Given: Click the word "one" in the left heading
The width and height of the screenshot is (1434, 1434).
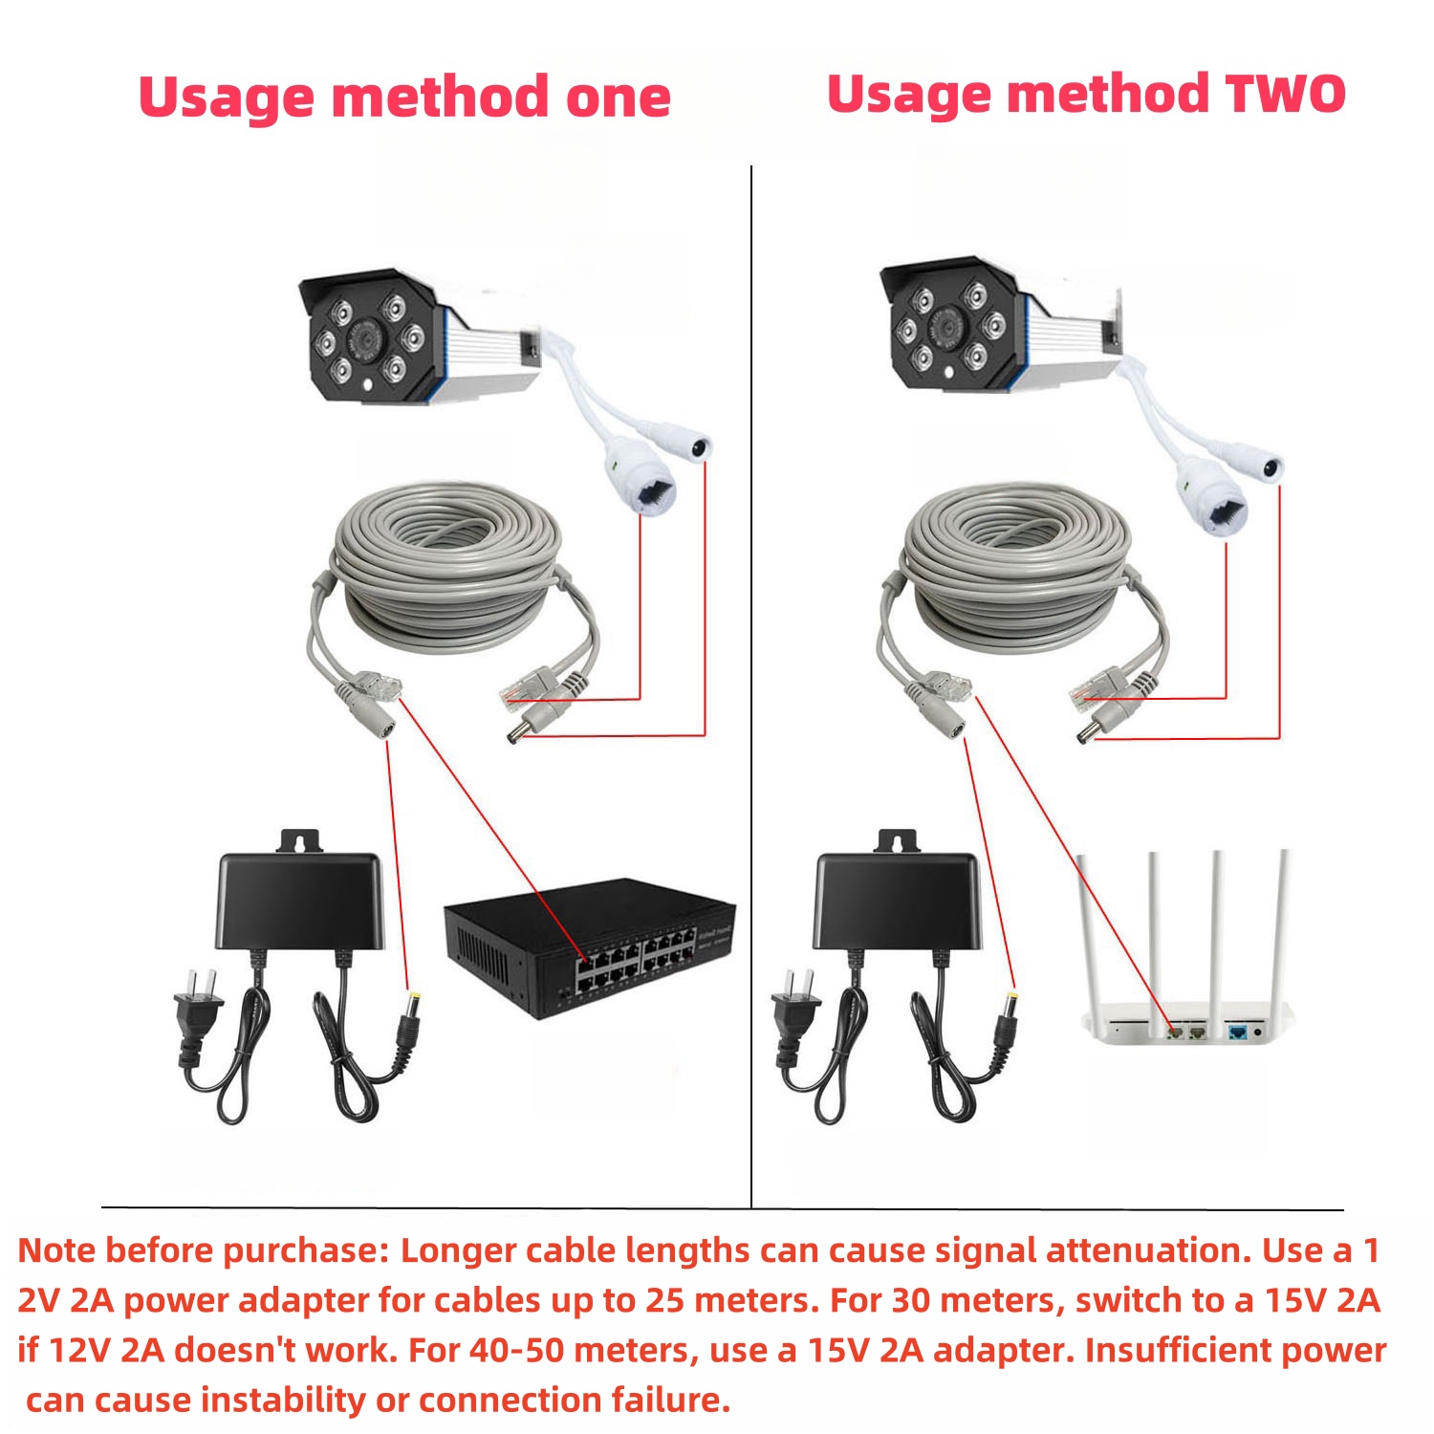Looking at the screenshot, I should (x=618, y=98).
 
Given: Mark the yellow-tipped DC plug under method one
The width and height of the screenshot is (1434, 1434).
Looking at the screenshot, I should (x=413, y=1004).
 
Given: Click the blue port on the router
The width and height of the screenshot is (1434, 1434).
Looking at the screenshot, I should (x=1239, y=1032).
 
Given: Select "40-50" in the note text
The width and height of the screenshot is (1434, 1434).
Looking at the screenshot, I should (x=509, y=1350).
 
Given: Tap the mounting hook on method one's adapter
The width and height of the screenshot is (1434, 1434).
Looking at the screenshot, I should (x=300, y=841).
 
